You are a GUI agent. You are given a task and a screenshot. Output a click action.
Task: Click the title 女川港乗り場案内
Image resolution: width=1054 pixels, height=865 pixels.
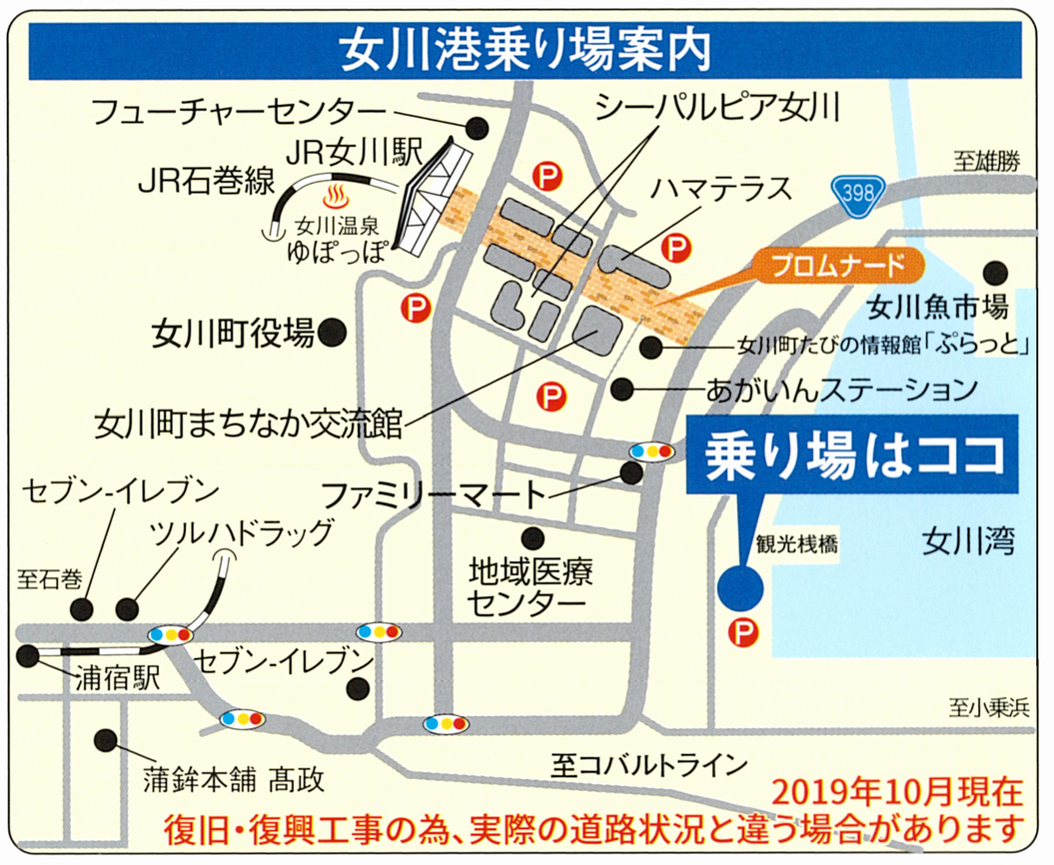tap(526, 49)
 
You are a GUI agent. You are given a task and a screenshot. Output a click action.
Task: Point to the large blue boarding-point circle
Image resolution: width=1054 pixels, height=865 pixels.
tap(741, 586)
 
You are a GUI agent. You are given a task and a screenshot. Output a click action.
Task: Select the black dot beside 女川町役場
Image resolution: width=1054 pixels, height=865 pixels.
tap(335, 332)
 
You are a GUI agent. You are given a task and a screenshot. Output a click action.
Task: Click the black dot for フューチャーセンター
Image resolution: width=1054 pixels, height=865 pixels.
tap(478, 127)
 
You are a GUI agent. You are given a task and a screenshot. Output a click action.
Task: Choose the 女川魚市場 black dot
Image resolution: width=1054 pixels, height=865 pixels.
tap(994, 272)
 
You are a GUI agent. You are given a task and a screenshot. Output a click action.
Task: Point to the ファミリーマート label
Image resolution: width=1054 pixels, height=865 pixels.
tap(434, 493)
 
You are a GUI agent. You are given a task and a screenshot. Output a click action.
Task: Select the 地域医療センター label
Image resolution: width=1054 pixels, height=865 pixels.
tap(531, 588)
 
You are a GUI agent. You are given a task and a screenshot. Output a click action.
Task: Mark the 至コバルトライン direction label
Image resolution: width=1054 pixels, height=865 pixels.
tap(648, 766)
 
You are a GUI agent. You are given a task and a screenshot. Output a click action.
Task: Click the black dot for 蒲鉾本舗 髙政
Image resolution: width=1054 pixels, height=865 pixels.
tap(104, 740)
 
